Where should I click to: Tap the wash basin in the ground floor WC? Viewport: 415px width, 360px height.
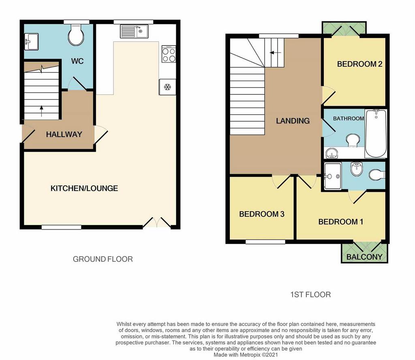(x=31, y=42)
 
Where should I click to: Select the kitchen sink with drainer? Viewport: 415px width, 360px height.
(x=134, y=31)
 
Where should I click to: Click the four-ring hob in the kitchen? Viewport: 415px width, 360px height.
(x=169, y=54)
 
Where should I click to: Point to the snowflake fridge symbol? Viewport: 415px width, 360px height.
(x=167, y=87)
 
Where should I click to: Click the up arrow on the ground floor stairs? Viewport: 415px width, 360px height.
(x=41, y=111)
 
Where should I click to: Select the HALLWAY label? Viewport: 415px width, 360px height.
(x=64, y=135)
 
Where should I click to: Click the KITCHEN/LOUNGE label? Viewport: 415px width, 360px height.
(x=84, y=189)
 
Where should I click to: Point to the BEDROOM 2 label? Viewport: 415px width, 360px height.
(x=360, y=64)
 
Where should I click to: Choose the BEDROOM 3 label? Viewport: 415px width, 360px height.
(x=262, y=214)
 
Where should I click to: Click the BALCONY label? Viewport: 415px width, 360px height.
(x=364, y=257)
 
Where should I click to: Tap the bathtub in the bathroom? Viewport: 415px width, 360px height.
(x=376, y=133)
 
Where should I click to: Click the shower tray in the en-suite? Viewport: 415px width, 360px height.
(x=333, y=176)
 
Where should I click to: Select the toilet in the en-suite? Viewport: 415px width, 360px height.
(x=377, y=175)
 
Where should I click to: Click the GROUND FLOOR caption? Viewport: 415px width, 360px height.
(x=103, y=259)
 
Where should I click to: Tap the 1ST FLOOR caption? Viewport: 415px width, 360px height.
(x=310, y=295)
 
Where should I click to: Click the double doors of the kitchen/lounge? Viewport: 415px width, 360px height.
(x=157, y=223)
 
